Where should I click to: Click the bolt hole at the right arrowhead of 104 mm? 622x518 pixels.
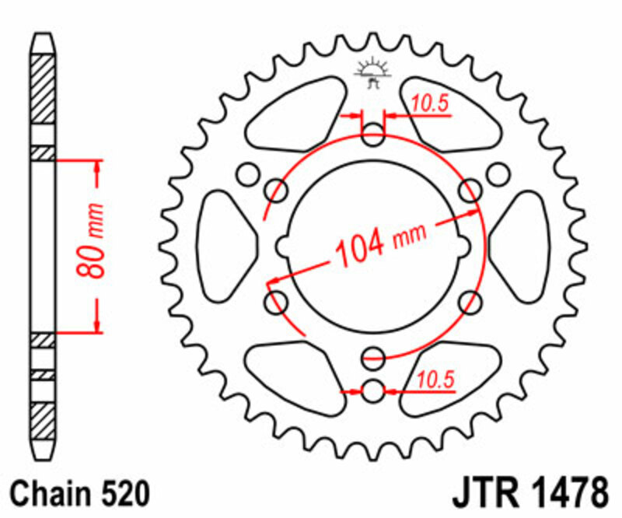click(x=470, y=190)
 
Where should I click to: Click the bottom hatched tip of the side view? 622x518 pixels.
click(x=44, y=424)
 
